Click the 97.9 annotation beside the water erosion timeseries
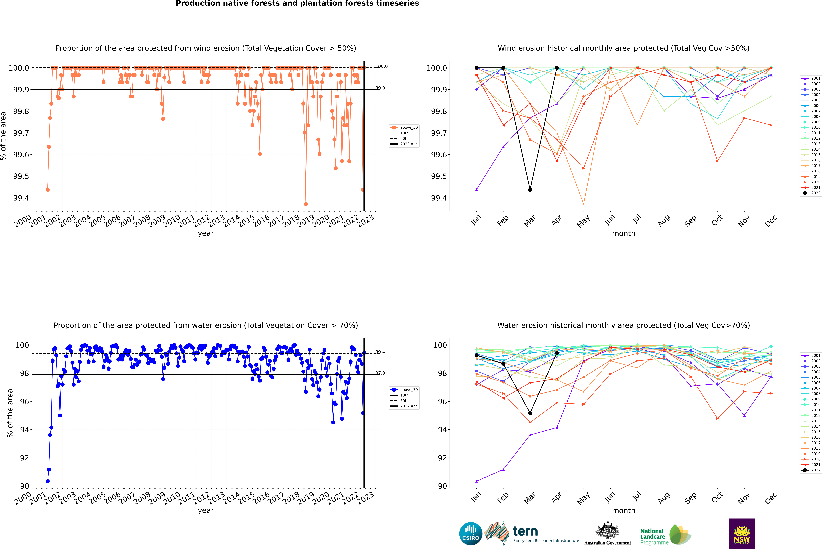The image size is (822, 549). (380, 373)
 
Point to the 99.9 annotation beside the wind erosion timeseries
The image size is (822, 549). (380, 88)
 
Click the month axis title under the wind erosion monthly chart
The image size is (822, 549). (624, 234)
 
